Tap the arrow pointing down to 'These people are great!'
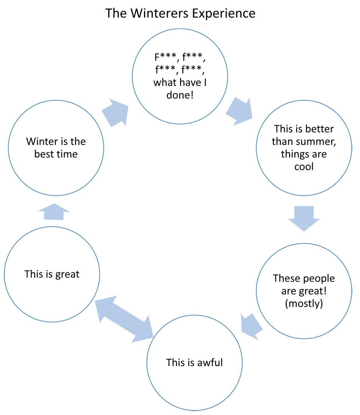coord(304,218)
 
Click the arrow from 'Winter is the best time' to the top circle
coord(115,113)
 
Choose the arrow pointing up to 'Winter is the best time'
coord(54,212)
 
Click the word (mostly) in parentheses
coord(304,304)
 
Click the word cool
coord(304,167)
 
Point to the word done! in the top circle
coord(180,95)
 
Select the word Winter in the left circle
coord(41,141)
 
